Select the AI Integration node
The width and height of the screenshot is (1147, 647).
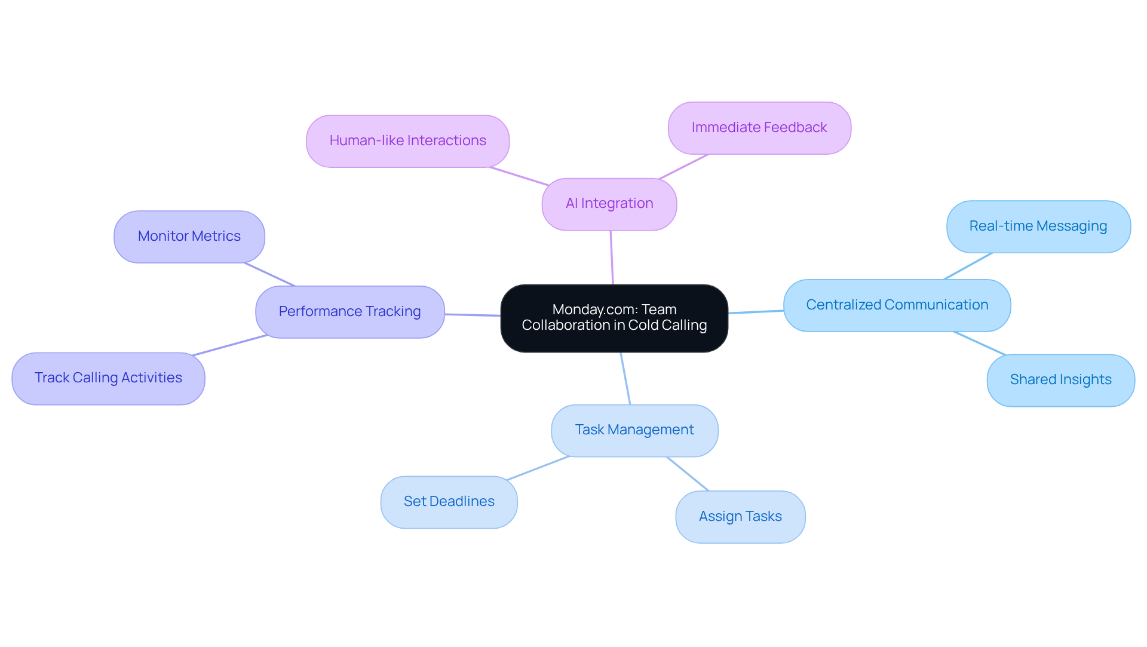click(x=609, y=204)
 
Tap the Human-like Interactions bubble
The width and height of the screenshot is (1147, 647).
click(x=407, y=141)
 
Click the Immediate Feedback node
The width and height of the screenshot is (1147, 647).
click(x=759, y=128)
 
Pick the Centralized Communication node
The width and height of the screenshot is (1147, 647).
click(x=897, y=305)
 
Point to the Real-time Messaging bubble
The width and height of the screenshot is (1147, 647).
click(x=1038, y=226)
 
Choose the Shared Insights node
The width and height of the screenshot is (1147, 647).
click(x=1060, y=380)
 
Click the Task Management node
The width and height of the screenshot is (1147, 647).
click(x=634, y=430)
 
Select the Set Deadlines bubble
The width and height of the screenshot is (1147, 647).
click(x=449, y=502)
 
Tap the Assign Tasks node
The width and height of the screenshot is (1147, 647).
click(x=740, y=517)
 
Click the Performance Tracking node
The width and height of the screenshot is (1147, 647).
click(x=349, y=312)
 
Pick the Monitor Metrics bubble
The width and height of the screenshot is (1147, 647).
click(x=189, y=237)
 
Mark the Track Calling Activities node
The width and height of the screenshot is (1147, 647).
click(x=108, y=378)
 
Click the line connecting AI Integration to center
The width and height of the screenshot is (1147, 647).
click(x=612, y=257)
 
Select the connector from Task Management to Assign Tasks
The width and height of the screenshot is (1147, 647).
click(x=688, y=474)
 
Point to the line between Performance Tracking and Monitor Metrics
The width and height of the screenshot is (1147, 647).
click(x=270, y=274)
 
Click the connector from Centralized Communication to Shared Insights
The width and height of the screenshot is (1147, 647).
click(x=980, y=343)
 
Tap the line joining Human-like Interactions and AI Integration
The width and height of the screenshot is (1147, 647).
click(x=519, y=176)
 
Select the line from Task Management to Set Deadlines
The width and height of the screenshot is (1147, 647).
click(x=538, y=468)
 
